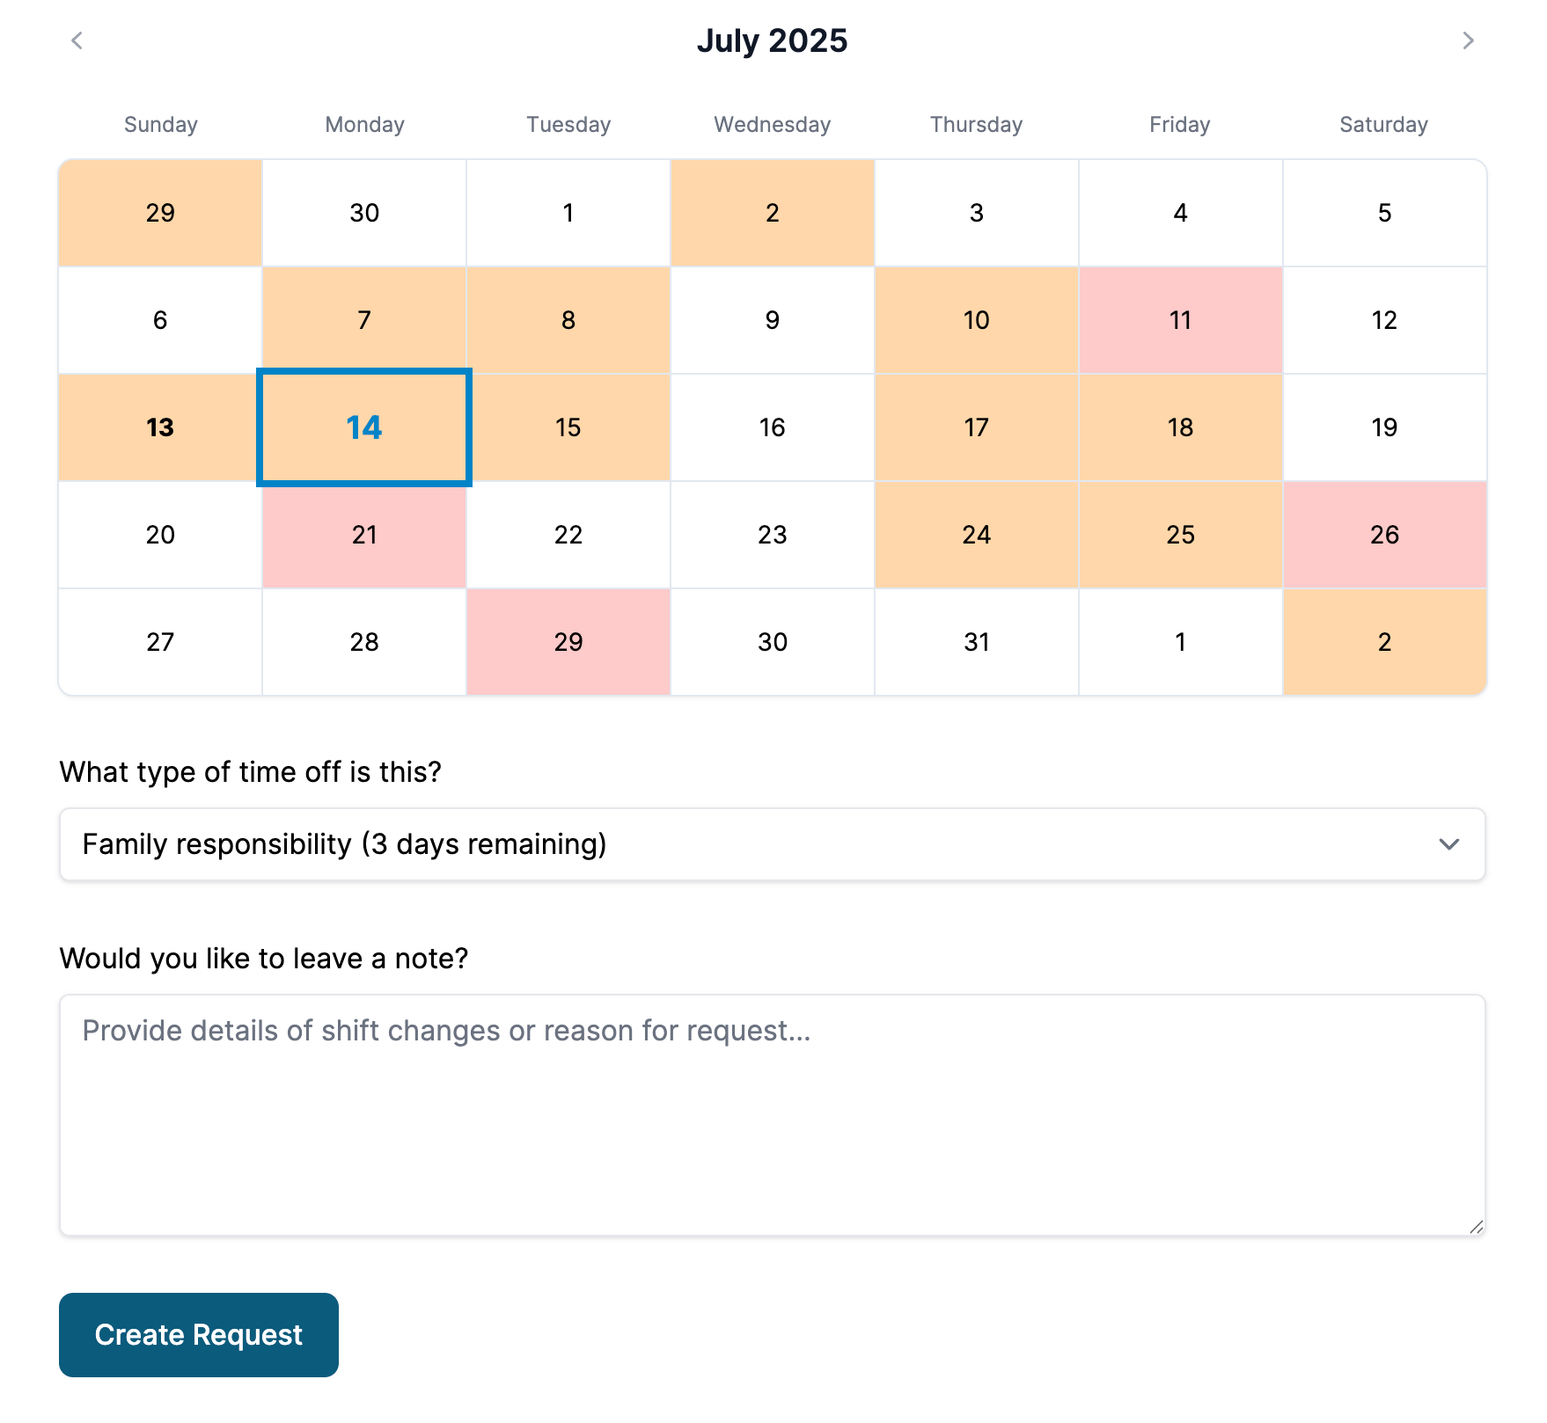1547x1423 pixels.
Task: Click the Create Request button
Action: [x=198, y=1334]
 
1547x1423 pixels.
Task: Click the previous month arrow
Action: [x=77, y=40]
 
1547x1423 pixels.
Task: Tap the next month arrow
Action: [x=1467, y=40]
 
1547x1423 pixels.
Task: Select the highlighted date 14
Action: [x=364, y=427]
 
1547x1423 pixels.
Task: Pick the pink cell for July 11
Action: [x=1180, y=320]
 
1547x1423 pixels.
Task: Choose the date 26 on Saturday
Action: [x=1384, y=535]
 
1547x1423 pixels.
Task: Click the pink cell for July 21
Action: [x=364, y=535]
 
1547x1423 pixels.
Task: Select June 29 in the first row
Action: [x=160, y=213]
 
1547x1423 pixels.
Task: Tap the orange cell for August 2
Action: [x=1384, y=642]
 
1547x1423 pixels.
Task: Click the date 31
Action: [x=976, y=642]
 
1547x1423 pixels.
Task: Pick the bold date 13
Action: [x=160, y=427]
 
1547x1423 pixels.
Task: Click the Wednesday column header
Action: [x=772, y=125]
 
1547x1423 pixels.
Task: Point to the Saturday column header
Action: [x=1383, y=125]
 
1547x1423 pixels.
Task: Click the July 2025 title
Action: [x=772, y=40]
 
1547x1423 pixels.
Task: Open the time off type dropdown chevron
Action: [x=1448, y=844]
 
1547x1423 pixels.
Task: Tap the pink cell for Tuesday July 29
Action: [x=568, y=642]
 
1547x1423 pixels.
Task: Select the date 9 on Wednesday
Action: [x=772, y=320]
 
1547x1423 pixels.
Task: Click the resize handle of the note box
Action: [x=1476, y=1227]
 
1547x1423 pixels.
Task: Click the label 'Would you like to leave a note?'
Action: [x=264, y=958]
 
